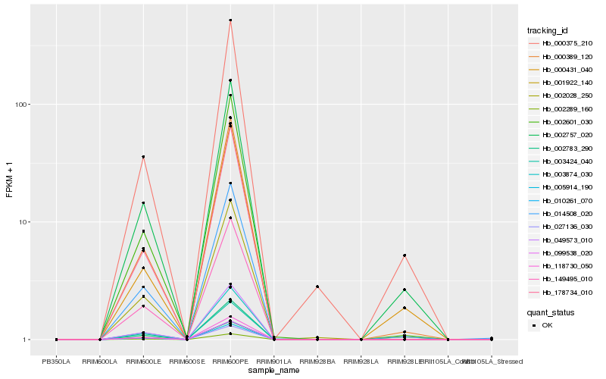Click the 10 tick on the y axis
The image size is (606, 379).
27,222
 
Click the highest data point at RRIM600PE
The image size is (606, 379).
230,20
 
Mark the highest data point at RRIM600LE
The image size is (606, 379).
143,157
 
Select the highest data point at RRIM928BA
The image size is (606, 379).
317,287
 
